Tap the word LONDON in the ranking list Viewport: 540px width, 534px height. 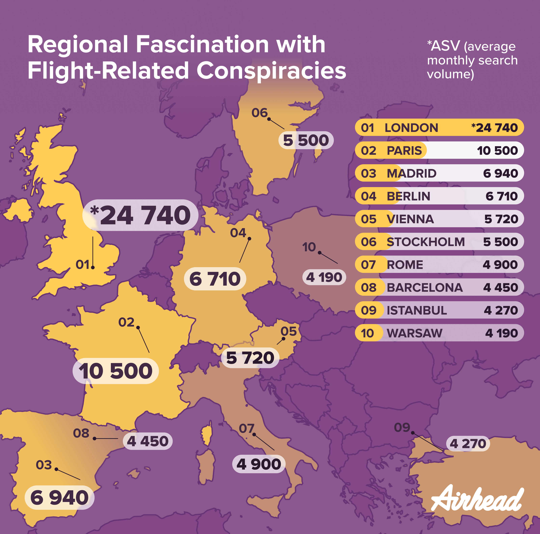pyautogui.click(x=411, y=128)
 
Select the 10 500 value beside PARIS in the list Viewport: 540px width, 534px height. pyautogui.click(x=497, y=151)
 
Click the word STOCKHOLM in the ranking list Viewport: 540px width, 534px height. pyautogui.click(x=425, y=242)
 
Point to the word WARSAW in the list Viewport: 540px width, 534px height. pyautogui.click(x=414, y=333)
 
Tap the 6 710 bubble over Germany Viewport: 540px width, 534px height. pyautogui.click(x=215, y=279)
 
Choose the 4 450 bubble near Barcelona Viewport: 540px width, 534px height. pyautogui.click(x=148, y=441)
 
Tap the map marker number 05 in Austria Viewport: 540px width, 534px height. pyautogui.click(x=288, y=331)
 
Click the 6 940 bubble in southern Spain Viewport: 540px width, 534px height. pyautogui.click(x=59, y=498)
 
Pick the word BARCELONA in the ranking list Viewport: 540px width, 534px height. pyautogui.click(x=425, y=288)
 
